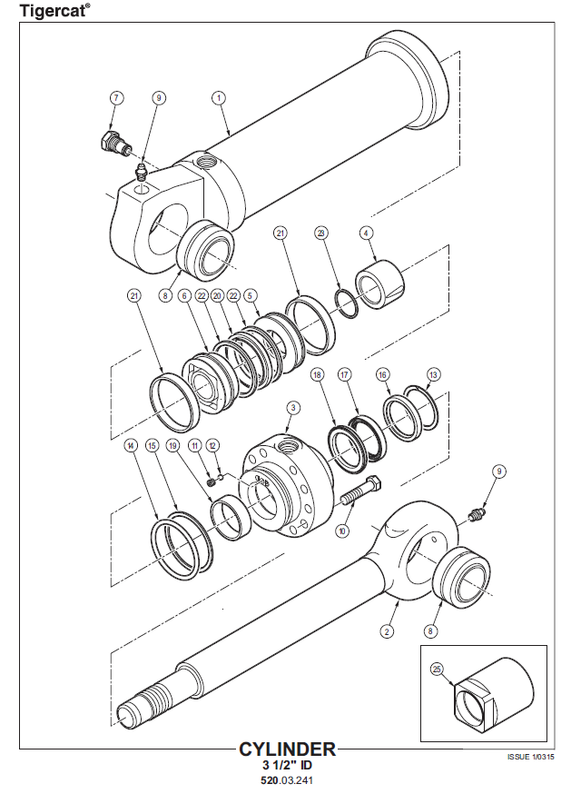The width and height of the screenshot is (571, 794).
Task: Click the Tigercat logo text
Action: (x=54, y=10)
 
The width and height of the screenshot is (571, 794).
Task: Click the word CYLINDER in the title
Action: (x=287, y=749)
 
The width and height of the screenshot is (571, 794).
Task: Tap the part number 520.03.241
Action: (x=287, y=779)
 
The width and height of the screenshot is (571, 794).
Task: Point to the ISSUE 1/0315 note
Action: (x=530, y=757)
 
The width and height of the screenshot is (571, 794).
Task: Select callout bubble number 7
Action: (x=117, y=97)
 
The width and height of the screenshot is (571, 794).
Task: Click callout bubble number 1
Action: (x=218, y=97)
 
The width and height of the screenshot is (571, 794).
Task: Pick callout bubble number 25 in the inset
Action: (x=437, y=670)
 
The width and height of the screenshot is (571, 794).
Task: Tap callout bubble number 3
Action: (x=293, y=407)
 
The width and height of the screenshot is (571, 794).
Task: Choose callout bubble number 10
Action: (x=343, y=531)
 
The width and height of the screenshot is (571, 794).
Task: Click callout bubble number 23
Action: (x=321, y=233)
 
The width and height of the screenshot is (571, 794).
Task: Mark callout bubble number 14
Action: (x=131, y=446)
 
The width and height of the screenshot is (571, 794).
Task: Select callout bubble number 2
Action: (x=388, y=631)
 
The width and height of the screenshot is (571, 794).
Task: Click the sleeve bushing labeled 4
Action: (x=380, y=283)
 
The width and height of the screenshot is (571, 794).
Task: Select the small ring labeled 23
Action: (x=348, y=303)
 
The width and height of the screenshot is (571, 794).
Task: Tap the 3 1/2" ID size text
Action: (x=287, y=765)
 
